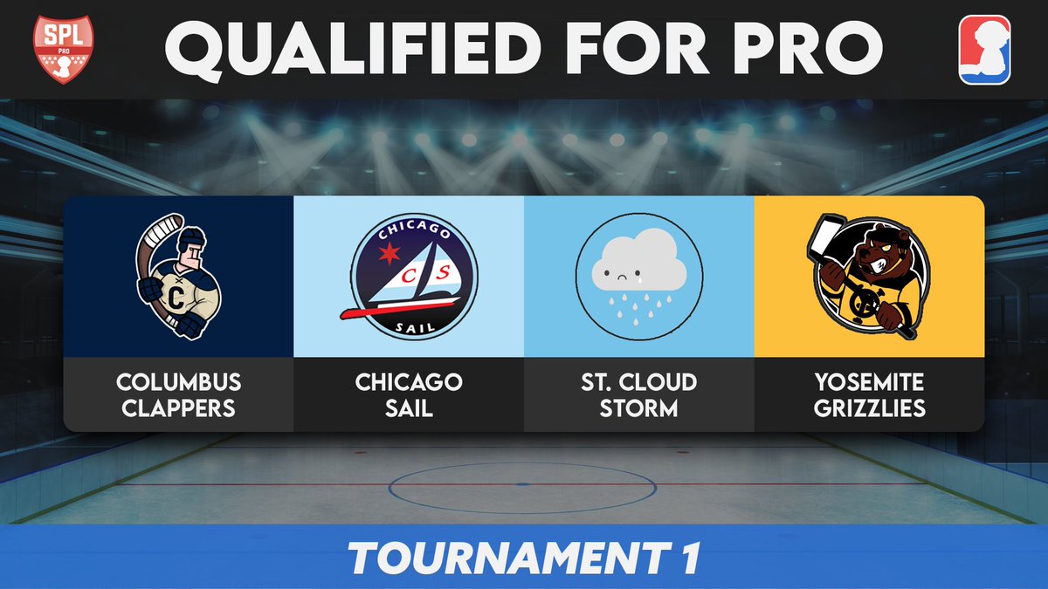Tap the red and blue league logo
click(x=984, y=50)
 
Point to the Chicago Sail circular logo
click(x=408, y=277)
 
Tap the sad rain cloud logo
click(x=638, y=277)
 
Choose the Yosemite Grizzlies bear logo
click(x=868, y=277)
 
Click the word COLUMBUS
click(x=178, y=382)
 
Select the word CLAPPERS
click(x=178, y=408)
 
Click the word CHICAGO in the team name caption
click(x=408, y=382)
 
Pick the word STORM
click(x=638, y=408)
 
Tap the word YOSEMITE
click(x=869, y=382)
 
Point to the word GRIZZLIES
click(x=869, y=408)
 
